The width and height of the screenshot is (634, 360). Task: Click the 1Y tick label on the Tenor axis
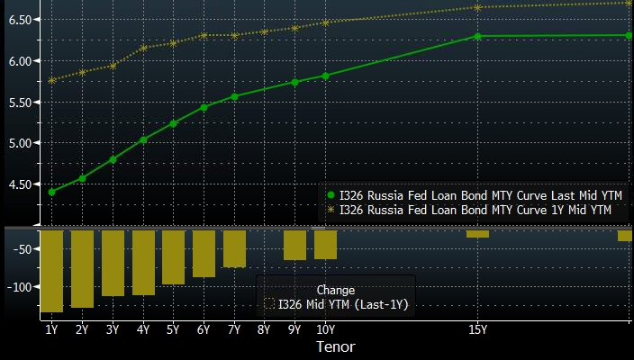51,329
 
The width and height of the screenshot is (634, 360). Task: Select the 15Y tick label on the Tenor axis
477,329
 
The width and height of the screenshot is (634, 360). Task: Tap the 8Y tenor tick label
264,329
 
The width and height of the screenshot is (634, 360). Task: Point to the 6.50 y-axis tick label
19,19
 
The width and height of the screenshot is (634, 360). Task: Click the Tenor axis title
335,346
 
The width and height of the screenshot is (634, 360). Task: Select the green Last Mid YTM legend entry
469,195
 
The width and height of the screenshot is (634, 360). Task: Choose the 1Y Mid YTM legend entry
468,210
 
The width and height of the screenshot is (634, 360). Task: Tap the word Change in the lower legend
335,290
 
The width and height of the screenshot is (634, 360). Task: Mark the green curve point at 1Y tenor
51,192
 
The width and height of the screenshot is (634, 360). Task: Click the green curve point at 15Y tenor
477,36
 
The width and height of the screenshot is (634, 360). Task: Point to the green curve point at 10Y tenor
325,76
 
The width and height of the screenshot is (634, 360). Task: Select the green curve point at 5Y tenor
173,123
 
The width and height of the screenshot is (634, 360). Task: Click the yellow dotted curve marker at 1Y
51,80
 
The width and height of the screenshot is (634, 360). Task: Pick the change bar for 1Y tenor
51,271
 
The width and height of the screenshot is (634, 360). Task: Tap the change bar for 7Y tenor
234,248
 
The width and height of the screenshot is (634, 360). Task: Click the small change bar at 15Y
477,234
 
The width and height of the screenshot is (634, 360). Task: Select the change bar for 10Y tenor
325,245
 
